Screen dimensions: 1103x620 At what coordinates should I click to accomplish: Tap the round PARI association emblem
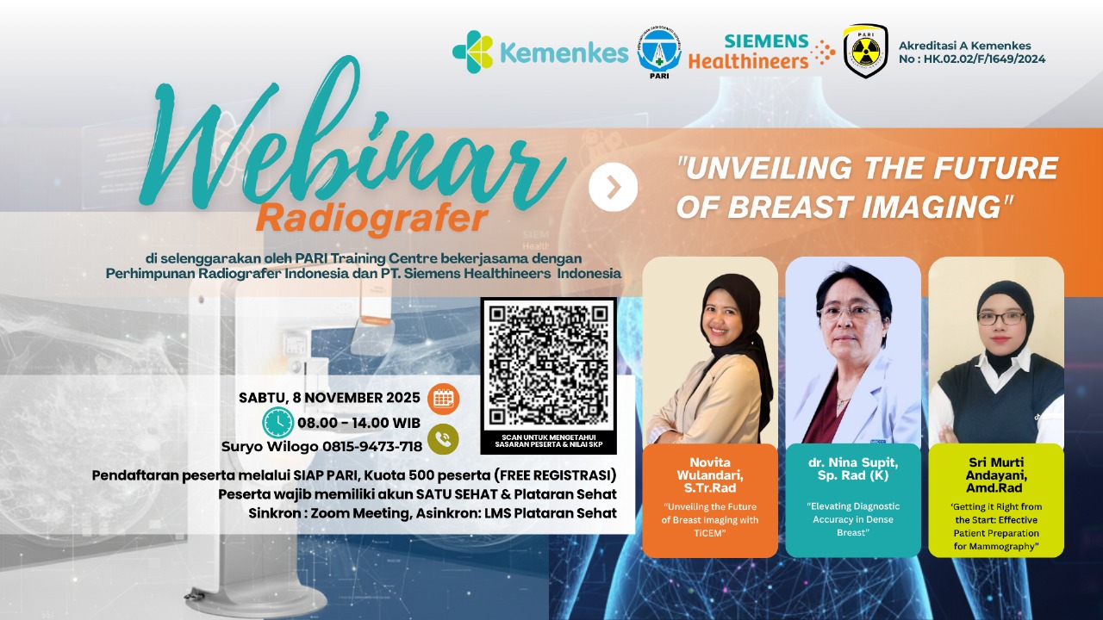[x=659, y=53]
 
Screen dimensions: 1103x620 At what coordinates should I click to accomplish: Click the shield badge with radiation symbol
[x=866, y=51]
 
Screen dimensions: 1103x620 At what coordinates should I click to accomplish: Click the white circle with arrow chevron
[x=613, y=187]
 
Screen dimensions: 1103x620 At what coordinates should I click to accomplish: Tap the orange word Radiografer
[x=371, y=219]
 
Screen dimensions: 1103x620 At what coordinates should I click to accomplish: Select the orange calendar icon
[x=443, y=399]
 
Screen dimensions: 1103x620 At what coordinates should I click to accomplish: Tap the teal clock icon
[x=277, y=423]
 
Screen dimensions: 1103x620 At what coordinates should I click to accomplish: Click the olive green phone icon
[x=443, y=439]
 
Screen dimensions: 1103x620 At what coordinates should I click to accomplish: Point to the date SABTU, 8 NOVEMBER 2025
[x=329, y=398]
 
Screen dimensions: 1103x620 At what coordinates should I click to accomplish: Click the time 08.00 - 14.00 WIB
[x=358, y=423]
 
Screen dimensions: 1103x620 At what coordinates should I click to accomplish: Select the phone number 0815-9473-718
[x=372, y=447]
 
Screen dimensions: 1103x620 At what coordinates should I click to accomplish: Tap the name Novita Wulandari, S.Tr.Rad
[x=709, y=474]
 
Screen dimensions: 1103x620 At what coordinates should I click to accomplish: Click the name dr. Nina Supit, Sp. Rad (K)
[x=853, y=469]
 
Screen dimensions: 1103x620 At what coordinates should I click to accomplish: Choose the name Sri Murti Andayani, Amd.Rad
[x=996, y=474]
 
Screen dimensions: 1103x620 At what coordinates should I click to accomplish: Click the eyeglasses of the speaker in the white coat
[x=849, y=312]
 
